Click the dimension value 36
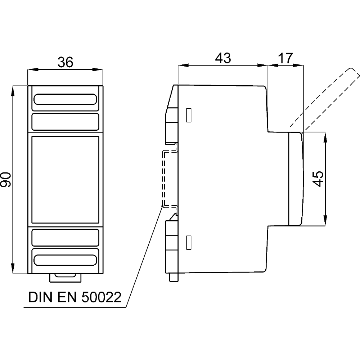tap(66, 62)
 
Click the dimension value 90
tap(6, 179)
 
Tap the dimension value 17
tap(286, 58)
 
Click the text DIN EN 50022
tap(75, 298)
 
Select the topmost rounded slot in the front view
tap(66, 100)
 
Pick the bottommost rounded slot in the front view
tap(66, 260)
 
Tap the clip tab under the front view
tap(66, 277)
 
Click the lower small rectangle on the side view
tap(188, 243)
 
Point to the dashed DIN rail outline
tap(165, 179)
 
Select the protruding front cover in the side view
tap(296, 179)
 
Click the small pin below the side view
tap(174, 278)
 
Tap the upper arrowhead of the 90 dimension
tap(13, 89)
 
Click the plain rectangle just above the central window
tap(66, 122)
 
